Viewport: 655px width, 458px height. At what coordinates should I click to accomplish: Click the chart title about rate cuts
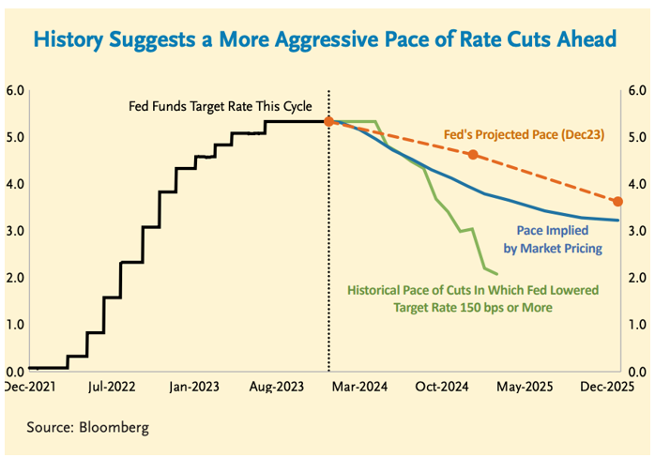tap(325, 39)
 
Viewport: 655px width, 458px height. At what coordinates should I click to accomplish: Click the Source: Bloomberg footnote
tap(87, 427)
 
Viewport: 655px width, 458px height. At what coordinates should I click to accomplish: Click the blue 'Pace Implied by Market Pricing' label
tap(559, 238)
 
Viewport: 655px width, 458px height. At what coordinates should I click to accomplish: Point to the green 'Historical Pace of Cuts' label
tap(472, 298)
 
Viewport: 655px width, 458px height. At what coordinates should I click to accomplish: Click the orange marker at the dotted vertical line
tap(328, 121)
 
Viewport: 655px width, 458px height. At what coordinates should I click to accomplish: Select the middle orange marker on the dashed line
tap(473, 155)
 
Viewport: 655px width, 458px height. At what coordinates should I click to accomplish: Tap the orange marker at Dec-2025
tap(617, 201)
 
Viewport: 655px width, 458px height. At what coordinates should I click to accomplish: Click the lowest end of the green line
tap(496, 274)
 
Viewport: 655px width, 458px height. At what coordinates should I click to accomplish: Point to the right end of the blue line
tap(617, 221)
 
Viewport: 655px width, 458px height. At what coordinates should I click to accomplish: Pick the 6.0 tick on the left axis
tap(14, 91)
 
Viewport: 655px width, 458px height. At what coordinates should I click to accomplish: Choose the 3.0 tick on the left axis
tap(14, 231)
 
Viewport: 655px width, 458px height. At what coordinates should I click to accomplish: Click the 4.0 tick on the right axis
tap(638, 184)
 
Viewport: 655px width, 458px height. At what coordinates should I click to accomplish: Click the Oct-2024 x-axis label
tap(442, 385)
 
